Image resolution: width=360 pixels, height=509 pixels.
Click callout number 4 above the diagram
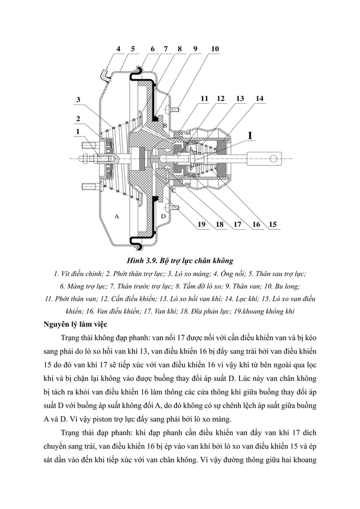click(118, 49)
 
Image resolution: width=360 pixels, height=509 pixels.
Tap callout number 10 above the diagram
click(214, 49)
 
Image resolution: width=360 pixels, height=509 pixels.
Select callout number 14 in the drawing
click(259, 98)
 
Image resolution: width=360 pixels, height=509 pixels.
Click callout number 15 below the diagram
click(273, 225)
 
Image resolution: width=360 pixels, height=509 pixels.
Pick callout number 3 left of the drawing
click(78, 99)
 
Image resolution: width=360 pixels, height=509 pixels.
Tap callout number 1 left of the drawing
click(78, 131)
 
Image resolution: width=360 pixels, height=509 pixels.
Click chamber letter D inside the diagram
click(163, 216)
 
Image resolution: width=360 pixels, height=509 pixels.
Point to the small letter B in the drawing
click(165, 124)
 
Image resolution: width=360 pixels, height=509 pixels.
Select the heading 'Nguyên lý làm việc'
click(81, 324)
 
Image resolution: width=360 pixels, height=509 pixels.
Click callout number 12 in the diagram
click(221, 98)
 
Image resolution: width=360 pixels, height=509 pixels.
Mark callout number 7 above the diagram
click(165, 49)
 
